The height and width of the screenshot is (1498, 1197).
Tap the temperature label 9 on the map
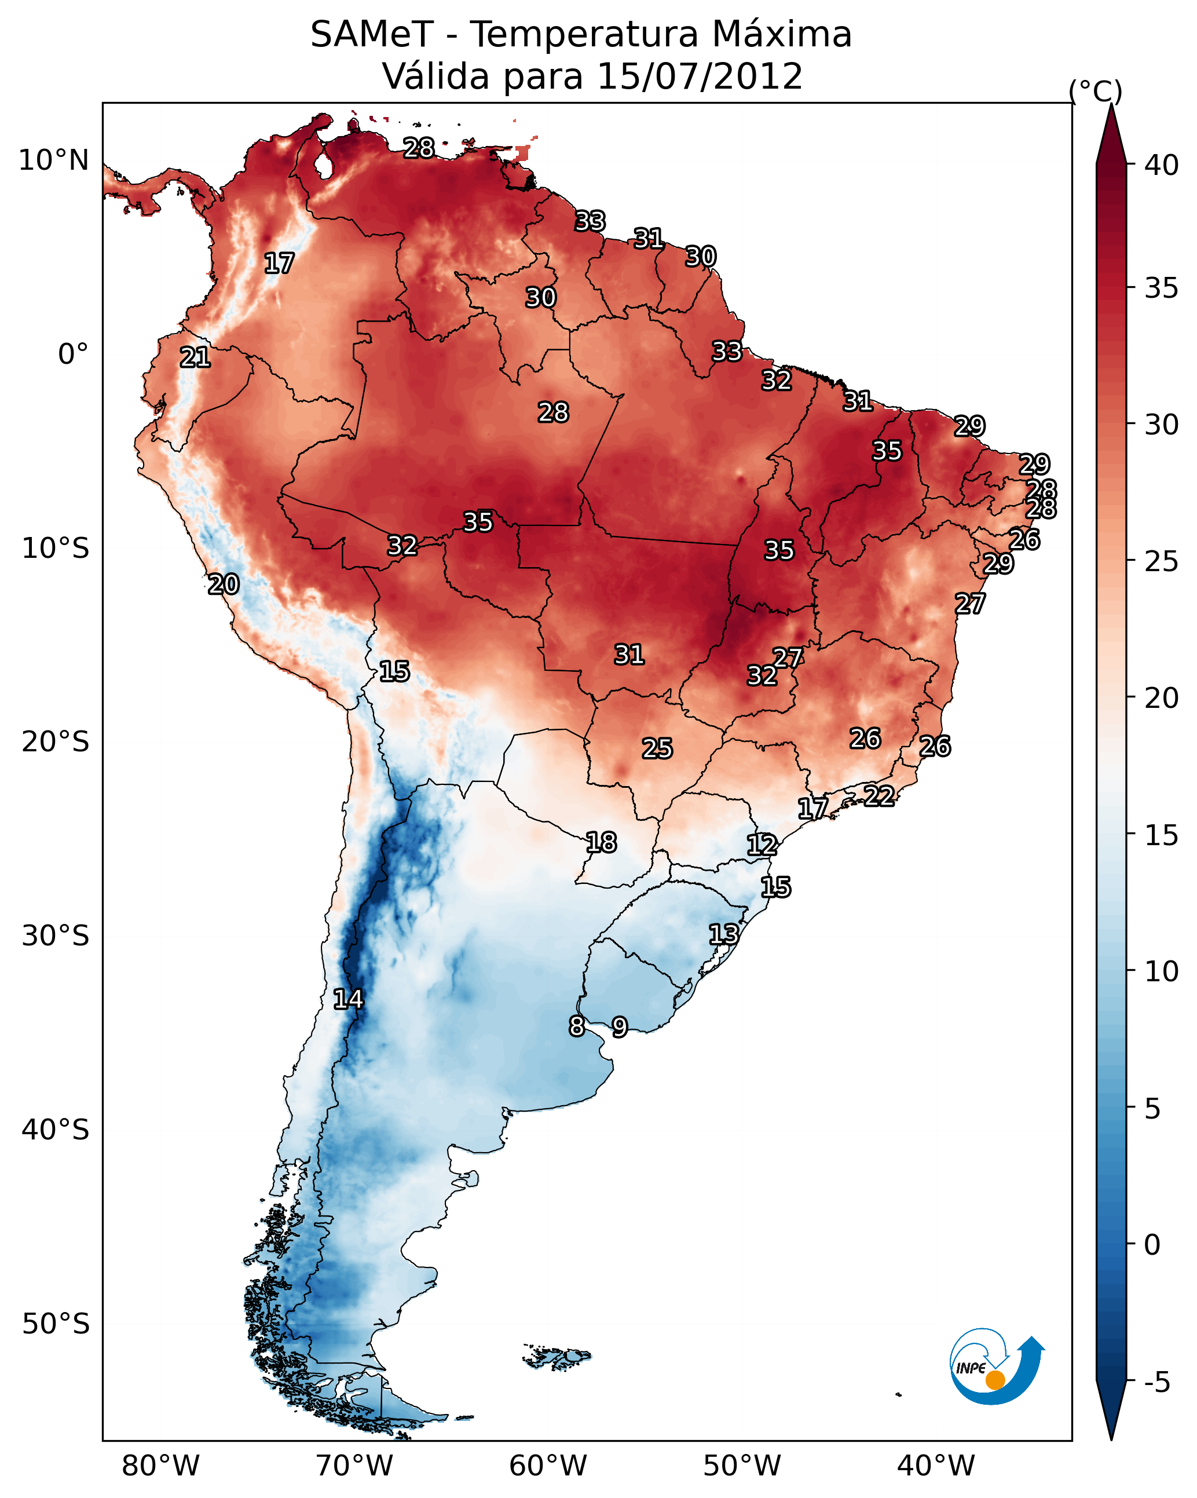(x=620, y=1027)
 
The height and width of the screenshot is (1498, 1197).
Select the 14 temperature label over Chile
(x=348, y=999)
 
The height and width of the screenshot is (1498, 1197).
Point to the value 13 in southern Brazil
(x=723, y=934)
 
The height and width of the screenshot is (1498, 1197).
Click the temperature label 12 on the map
(x=762, y=845)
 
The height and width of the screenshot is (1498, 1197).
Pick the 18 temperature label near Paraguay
(x=601, y=842)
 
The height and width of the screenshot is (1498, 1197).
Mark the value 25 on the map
(x=657, y=748)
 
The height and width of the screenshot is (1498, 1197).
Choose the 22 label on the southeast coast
(x=879, y=795)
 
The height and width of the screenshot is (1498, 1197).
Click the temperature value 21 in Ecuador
(x=195, y=357)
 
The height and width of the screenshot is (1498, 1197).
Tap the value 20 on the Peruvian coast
(x=224, y=584)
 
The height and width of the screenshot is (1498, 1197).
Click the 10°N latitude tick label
(x=53, y=160)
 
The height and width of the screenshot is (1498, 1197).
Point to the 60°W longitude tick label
(x=548, y=1466)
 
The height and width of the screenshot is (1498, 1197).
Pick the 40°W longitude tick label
(x=936, y=1466)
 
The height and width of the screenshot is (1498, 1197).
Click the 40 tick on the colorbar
(x=1162, y=165)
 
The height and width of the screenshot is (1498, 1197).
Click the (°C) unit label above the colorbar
(x=1096, y=90)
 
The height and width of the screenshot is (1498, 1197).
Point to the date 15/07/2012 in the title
(x=700, y=76)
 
